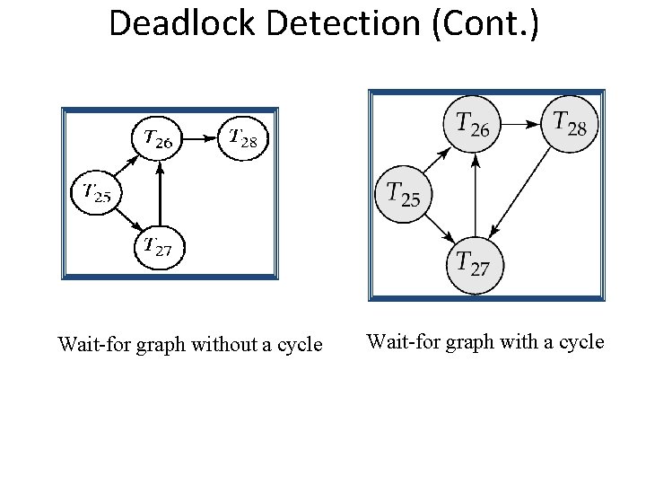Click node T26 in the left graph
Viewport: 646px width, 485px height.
point(159,138)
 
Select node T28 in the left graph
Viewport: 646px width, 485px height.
point(244,137)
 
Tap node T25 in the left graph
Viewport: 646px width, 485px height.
point(96,190)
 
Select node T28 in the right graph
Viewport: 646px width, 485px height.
point(570,123)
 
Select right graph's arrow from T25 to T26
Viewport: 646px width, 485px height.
point(434,162)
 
